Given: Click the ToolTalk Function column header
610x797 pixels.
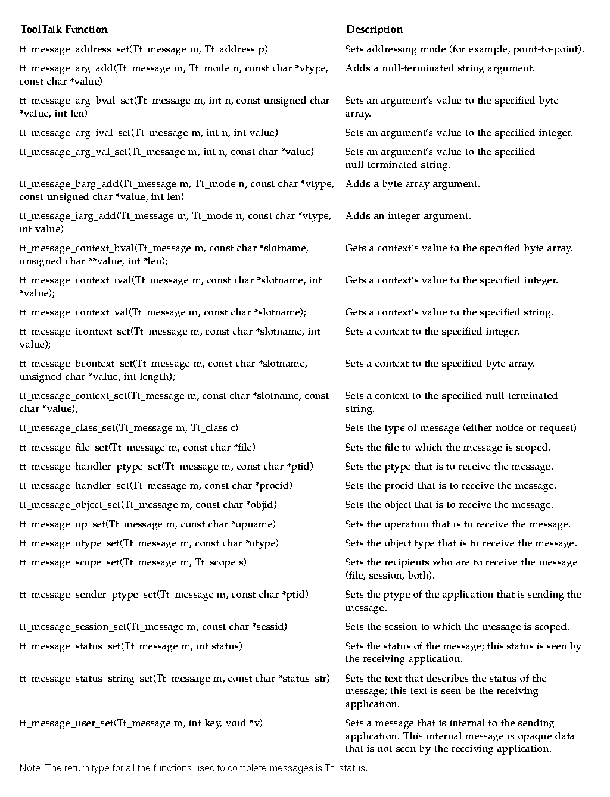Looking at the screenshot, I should [64, 29].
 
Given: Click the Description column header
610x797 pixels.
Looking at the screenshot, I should [375, 29].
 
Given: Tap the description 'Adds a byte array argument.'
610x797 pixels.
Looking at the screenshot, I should [412, 184].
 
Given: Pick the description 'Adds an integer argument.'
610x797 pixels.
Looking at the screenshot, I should [408, 216].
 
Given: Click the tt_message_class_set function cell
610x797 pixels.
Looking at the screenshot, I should [129, 428].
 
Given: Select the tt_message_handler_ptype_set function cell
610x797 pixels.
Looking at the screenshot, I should [166, 467].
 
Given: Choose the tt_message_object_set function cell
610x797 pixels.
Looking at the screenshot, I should [148, 505].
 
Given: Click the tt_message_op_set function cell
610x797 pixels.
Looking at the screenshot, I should [148, 524].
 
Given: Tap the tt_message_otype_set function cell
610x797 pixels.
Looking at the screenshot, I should [149, 543].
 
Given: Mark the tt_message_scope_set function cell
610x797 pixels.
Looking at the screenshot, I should [133, 562].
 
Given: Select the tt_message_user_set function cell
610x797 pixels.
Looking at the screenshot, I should [141, 723].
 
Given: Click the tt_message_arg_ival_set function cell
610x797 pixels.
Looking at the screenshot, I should [149, 133].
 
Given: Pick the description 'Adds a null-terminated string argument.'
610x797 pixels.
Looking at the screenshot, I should [440, 68].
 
